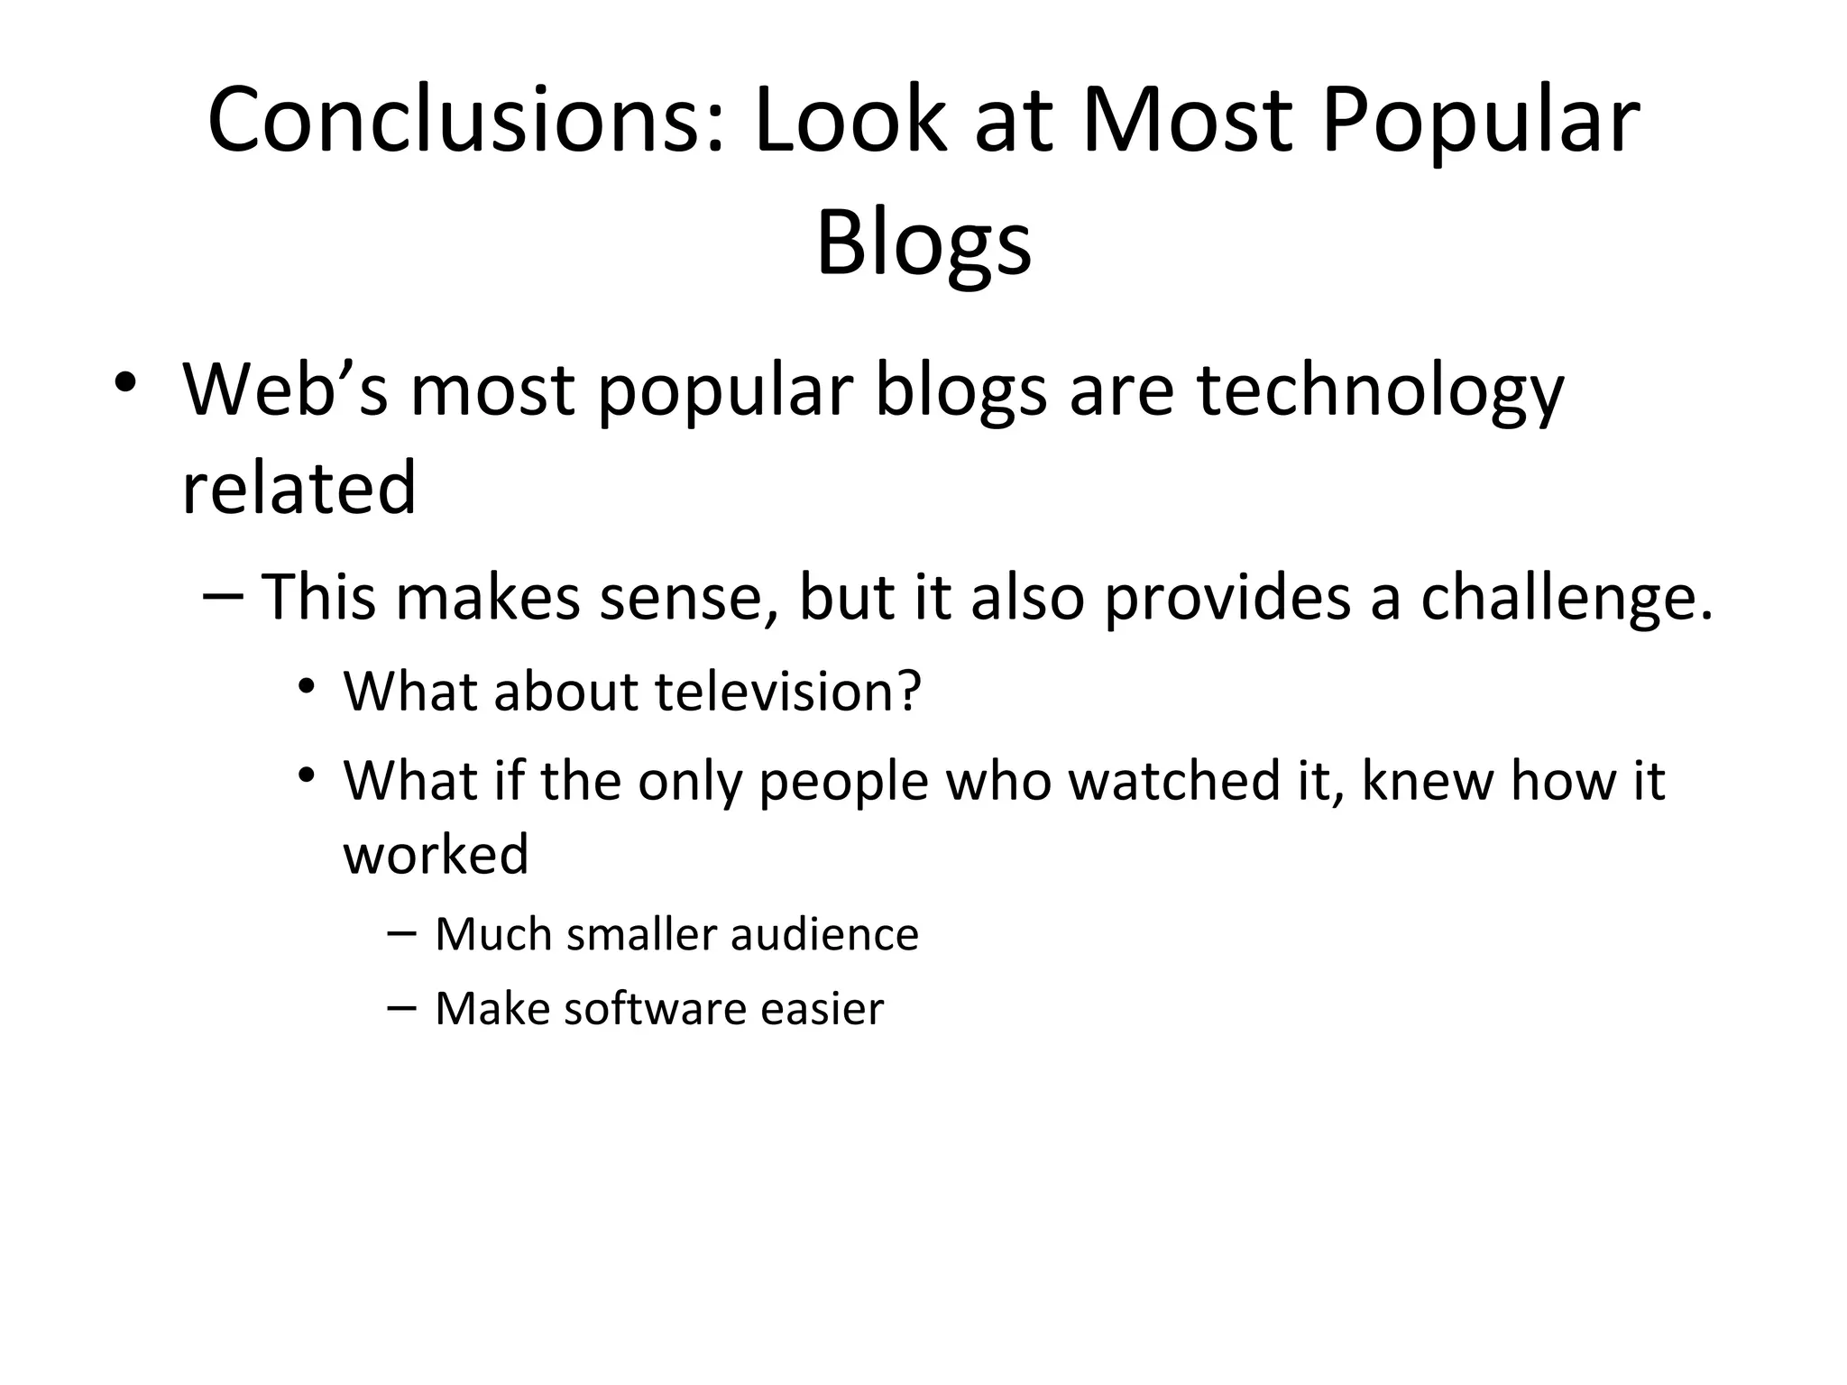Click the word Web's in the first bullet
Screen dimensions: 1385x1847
[285, 390]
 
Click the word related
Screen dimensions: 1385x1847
[299, 488]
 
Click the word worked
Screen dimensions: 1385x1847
[436, 854]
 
